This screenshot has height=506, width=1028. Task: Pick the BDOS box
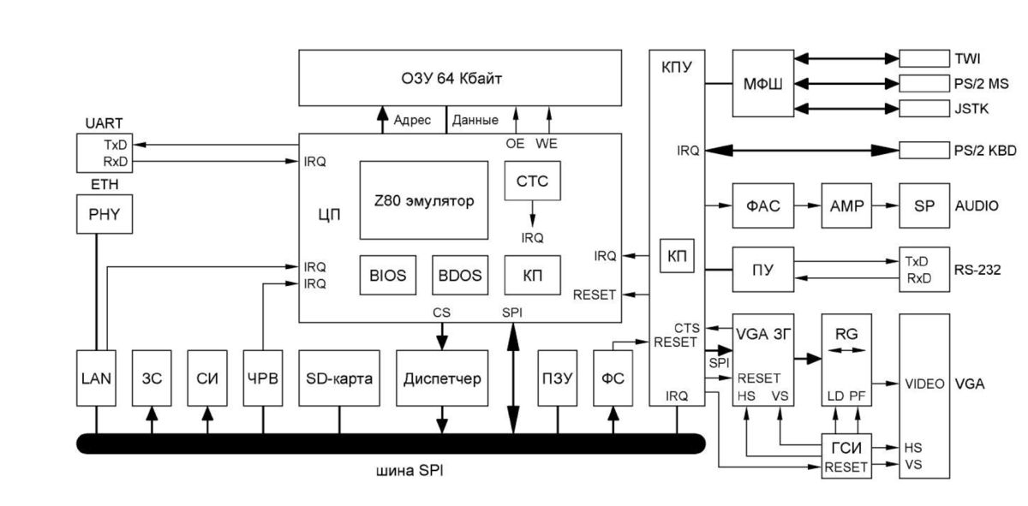457,275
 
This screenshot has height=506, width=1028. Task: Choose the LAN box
95,378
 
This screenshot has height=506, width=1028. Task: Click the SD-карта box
339,378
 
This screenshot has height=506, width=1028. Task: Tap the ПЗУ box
557,378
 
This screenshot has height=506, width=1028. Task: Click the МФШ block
762,83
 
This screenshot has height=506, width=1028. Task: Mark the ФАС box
762,205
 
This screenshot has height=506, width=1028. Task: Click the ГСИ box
846,446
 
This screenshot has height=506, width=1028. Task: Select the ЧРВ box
262,378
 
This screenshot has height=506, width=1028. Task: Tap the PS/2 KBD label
984,151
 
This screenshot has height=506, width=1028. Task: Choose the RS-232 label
977,270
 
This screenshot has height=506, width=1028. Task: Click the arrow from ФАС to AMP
806,205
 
